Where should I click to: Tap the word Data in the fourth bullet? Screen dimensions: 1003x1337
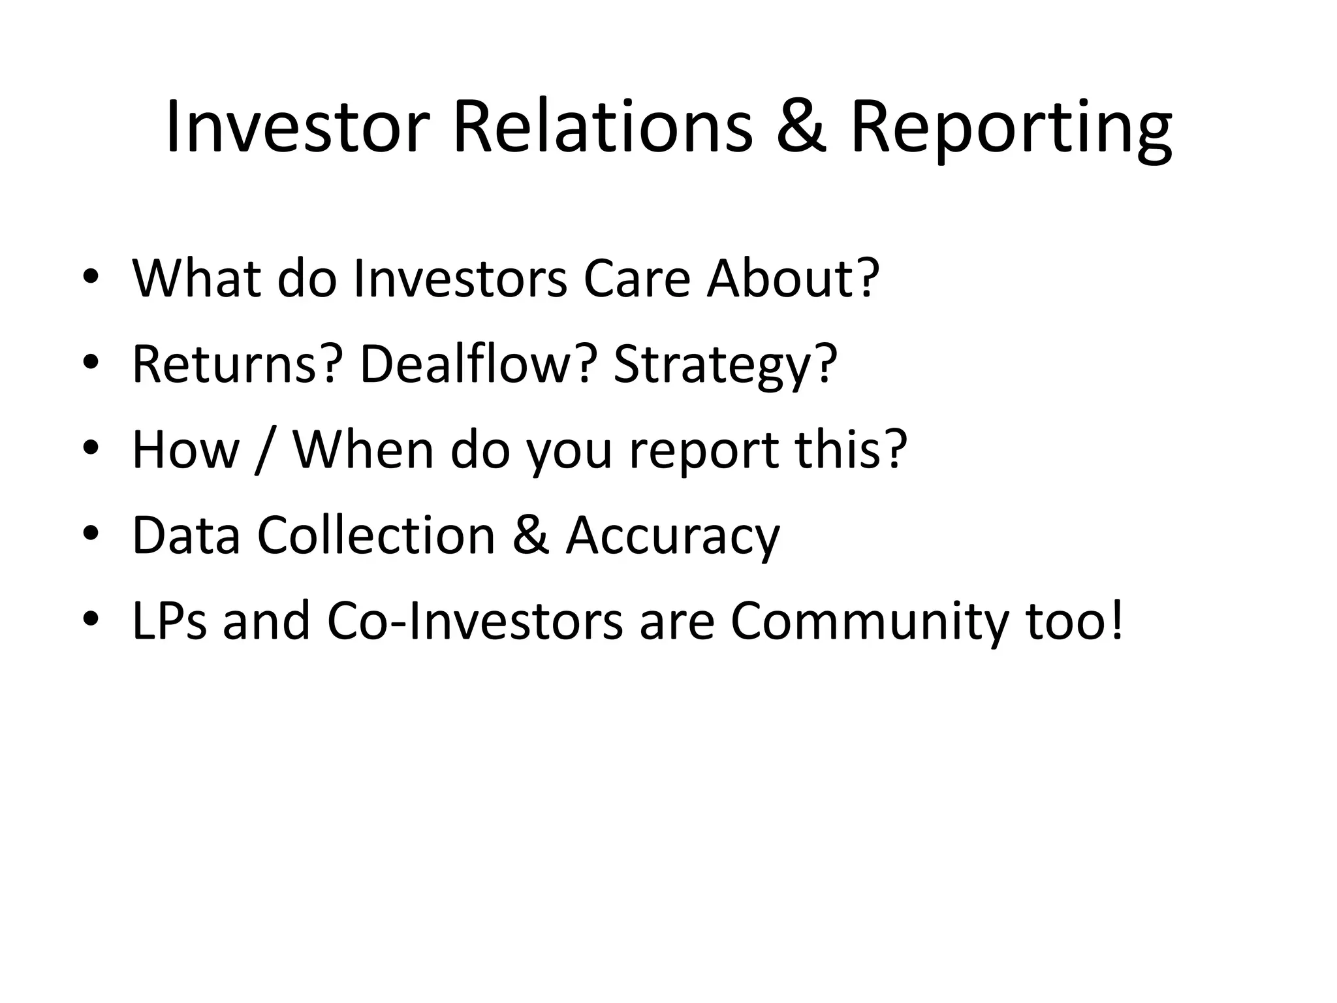pos(186,535)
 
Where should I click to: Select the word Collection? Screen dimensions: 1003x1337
pos(376,535)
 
